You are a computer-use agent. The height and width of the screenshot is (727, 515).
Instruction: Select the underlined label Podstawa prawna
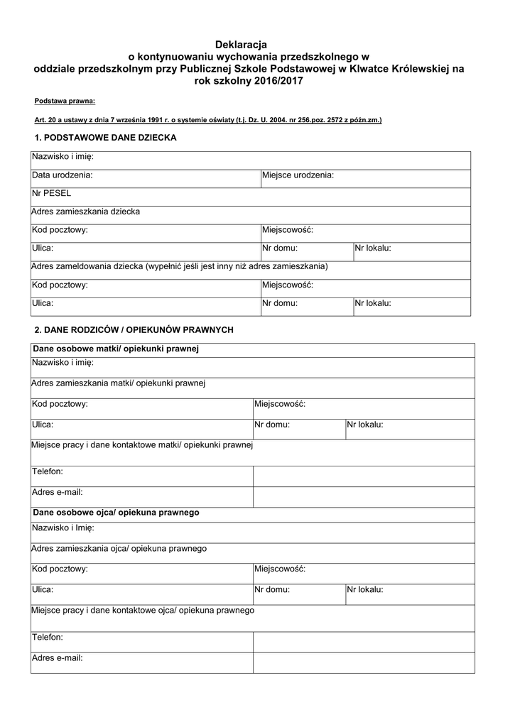pos(65,102)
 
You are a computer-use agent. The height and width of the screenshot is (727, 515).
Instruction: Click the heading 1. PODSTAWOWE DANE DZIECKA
pos(105,138)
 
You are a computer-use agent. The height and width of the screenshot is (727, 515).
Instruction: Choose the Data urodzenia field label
pos(62,175)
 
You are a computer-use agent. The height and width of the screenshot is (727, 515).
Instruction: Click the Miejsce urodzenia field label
pos(298,175)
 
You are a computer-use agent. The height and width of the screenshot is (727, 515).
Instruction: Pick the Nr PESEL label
pos(52,192)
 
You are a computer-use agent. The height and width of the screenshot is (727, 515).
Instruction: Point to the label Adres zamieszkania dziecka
pos(86,211)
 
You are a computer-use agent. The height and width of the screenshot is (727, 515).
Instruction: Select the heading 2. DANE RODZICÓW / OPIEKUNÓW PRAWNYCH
pos(134,329)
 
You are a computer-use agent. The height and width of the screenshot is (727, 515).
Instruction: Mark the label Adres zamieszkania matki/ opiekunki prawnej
pos(119,383)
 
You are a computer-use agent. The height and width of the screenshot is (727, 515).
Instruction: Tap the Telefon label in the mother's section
pos(48,471)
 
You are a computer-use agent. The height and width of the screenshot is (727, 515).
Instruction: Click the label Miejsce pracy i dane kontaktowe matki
pos(143,445)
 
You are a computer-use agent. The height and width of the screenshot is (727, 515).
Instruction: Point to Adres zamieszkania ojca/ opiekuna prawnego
pos(119,548)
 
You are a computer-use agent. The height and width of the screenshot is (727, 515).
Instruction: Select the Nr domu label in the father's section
pos(272,589)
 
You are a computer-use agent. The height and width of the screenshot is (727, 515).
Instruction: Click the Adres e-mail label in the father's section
pos(58,658)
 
